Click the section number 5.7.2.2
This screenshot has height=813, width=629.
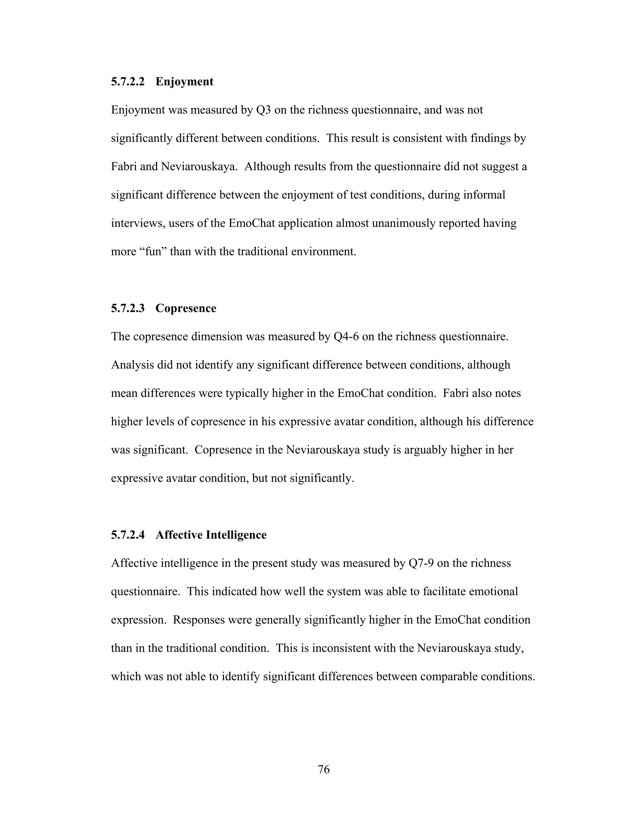tap(127, 82)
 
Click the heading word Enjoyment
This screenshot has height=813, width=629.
tap(185, 82)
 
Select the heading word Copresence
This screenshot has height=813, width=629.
tap(186, 308)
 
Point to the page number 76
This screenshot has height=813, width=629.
tap(323, 769)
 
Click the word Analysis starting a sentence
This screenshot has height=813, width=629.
tap(132, 365)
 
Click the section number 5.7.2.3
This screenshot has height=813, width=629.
tap(127, 308)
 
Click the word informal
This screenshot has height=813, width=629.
tap(484, 195)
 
